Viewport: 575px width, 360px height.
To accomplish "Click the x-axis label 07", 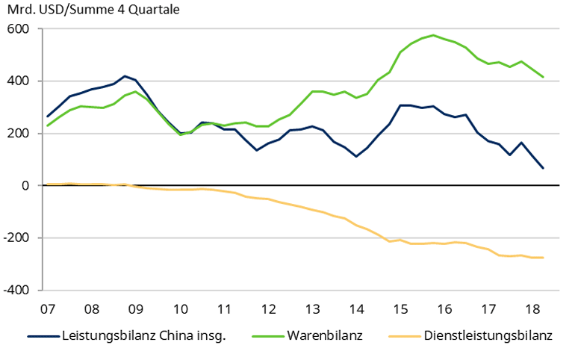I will (x=48, y=308).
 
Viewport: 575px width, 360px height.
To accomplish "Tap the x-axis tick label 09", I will (x=135, y=308).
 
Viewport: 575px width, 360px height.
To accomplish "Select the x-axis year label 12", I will (x=267, y=308).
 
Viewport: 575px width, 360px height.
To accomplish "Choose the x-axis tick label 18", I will (x=532, y=308).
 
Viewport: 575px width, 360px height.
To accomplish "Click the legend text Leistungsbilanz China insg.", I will (x=143, y=336).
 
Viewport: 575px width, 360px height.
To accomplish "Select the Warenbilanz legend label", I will (x=325, y=336).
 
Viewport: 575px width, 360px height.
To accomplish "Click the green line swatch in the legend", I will (x=268, y=336).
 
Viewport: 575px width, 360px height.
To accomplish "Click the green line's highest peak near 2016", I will (x=433, y=35).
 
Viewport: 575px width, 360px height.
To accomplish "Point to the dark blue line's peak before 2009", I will (x=125, y=76).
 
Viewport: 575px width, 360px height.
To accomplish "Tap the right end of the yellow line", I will (x=542, y=258).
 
